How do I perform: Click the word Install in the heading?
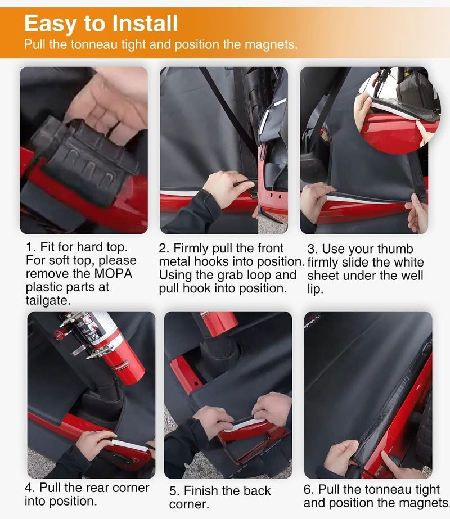click(x=145, y=23)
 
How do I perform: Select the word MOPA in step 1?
click(x=113, y=274)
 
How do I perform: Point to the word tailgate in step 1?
click(x=47, y=300)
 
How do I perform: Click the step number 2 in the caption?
click(x=162, y=249)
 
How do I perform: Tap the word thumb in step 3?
click(x=395, y=249)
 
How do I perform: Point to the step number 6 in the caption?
click(x=307, y=490)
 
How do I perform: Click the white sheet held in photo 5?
click(x=244, y=425)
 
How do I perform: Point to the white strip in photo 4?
click(x=130, y=445)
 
